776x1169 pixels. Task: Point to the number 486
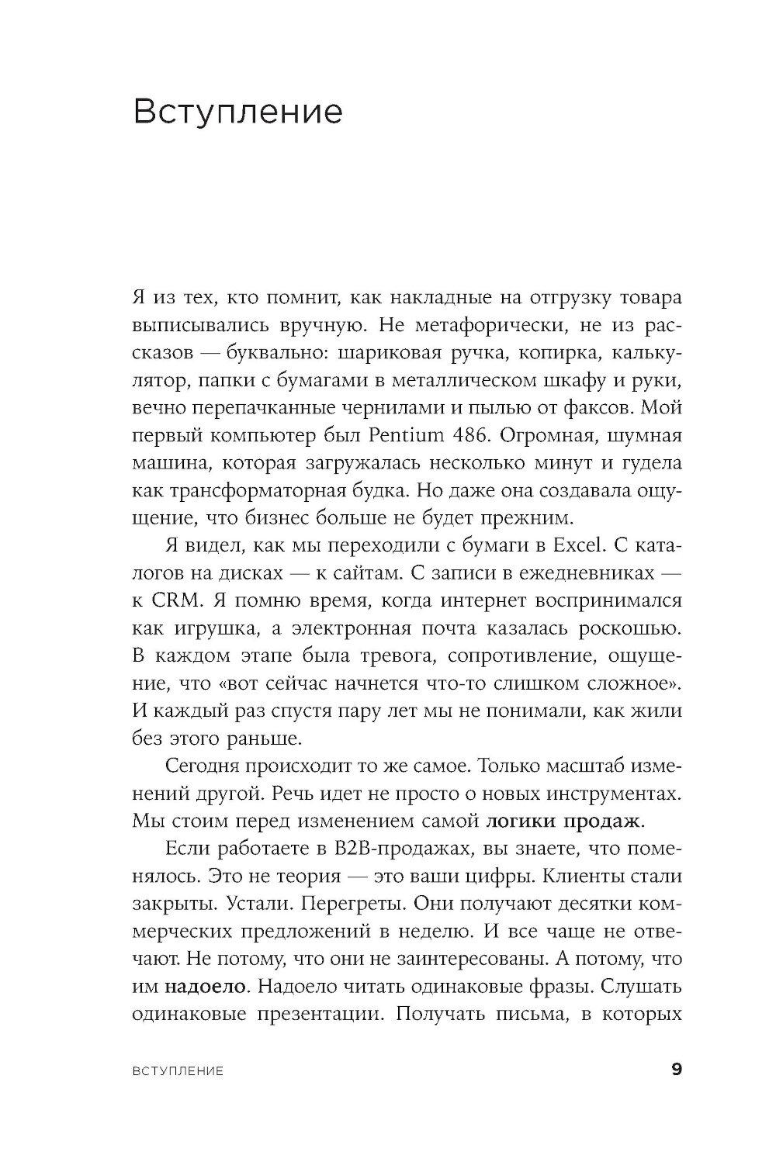(469, 435)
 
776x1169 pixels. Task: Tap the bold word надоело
(206, 987)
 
